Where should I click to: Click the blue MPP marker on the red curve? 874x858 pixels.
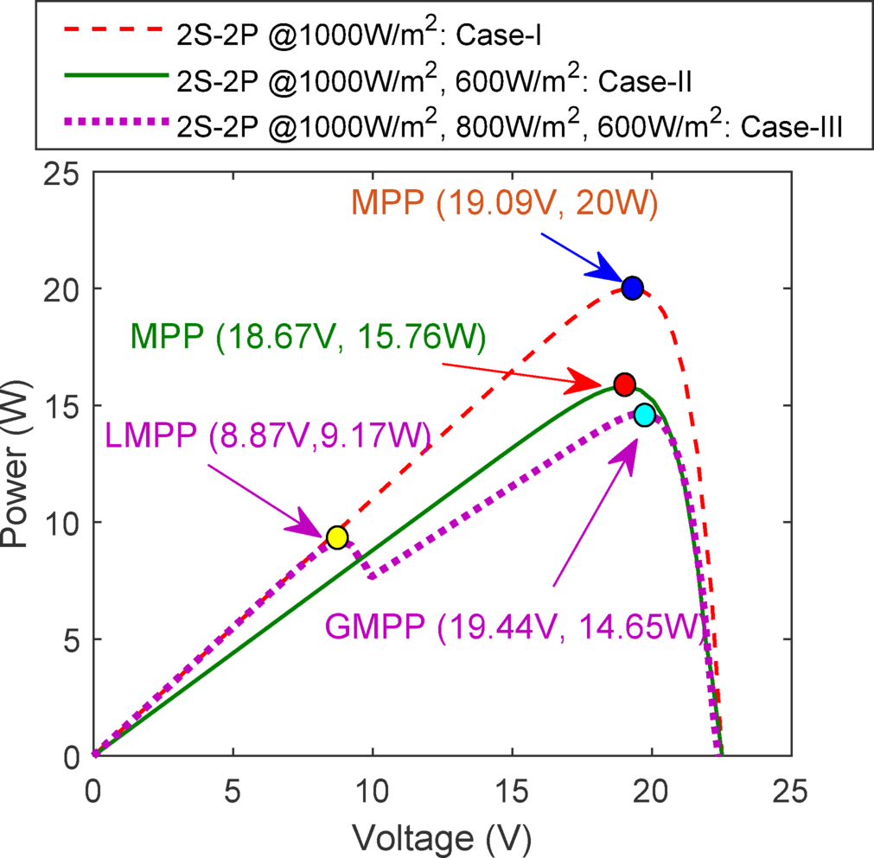(632, 288)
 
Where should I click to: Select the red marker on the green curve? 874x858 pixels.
(624, 384)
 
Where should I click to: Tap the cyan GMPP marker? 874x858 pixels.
(645, 415)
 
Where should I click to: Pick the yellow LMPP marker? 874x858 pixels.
(337, 537)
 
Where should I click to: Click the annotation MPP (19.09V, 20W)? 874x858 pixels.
(505, 203)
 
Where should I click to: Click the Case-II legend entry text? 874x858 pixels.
(432, 81)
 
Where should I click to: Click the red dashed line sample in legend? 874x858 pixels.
(114, 34)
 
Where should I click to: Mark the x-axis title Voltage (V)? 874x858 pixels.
(441, 836)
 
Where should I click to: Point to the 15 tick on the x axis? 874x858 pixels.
(513, 789)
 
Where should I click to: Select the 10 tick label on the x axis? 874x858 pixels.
(373, 789)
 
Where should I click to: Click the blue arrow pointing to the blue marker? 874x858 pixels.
(580, 257)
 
